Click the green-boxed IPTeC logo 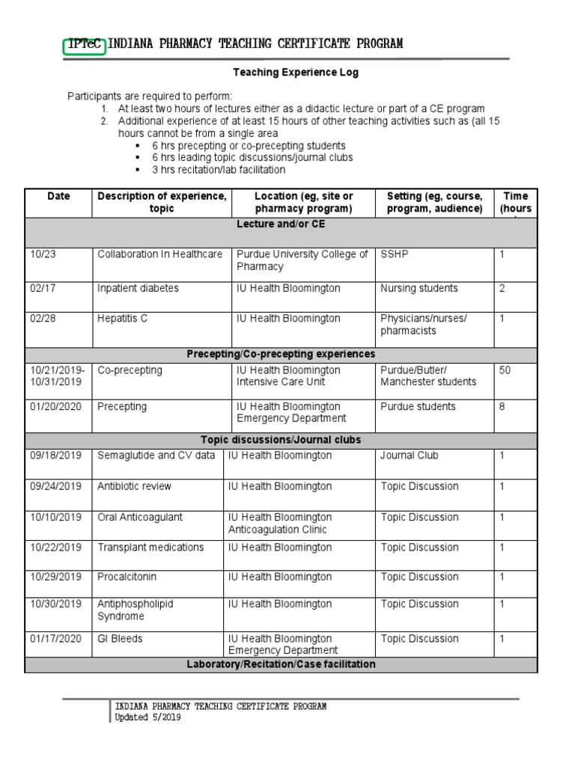point(85,44)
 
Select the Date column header point(58,197)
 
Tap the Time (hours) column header point(515,203)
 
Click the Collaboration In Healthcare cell point(159,254)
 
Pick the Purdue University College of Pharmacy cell point(302,260)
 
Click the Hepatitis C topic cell point(123,319)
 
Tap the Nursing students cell point(419,289)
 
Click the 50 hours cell point(505,370)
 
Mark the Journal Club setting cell point(409,456)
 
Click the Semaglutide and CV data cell point(156,456)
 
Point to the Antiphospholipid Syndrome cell point(135,610)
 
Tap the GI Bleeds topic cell point(120,639)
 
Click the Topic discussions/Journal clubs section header point(281,440)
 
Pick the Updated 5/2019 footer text point(147,717)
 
